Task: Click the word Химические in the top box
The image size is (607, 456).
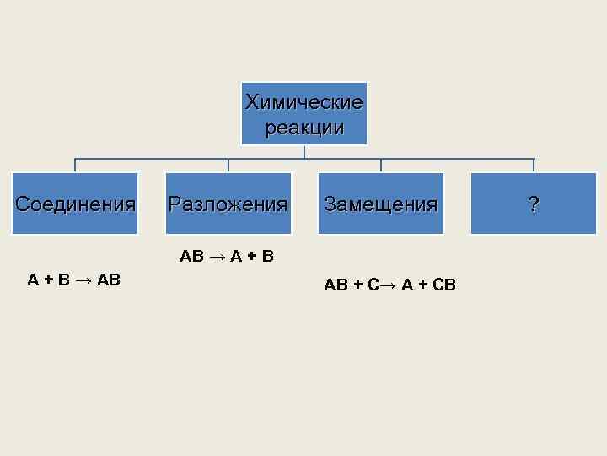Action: click(303, 103)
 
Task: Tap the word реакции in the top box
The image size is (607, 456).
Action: click(303, 128)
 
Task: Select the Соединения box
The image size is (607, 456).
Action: click(75, 204)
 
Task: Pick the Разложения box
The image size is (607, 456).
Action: click(228, 204)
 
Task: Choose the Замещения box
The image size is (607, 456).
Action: click(380, 204)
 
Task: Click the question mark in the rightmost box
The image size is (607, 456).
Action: click(533, 204)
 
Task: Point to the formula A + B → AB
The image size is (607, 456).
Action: click(73, 280)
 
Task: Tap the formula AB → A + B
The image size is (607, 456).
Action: click(227, 256)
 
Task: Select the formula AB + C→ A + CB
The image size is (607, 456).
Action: click(389, 285)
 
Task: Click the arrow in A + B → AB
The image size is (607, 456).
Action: click(83, 280)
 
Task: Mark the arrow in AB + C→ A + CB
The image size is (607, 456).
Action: click(388, 285)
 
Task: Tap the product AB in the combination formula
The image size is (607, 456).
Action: click(108, 280)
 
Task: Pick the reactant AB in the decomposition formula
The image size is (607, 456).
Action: click(191, 256)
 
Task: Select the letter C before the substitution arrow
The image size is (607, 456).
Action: click(373, 285)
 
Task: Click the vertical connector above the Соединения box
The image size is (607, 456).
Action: click(75, 166)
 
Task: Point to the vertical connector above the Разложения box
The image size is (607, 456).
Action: click(228, 166)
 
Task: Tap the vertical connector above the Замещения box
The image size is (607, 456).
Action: click(380, 166)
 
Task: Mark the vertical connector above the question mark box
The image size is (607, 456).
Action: click(533, 166)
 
